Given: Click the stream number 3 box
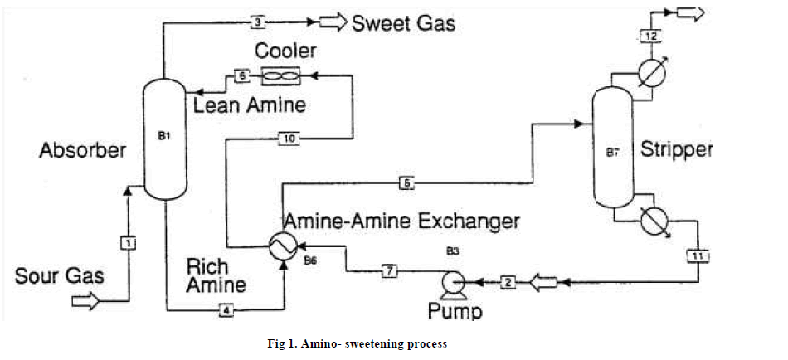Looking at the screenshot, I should point(259,21).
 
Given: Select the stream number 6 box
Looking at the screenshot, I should point(242,76).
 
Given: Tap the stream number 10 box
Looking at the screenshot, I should point(288,139).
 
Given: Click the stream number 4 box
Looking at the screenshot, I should point(226,310).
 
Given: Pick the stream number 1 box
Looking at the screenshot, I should point(129,243).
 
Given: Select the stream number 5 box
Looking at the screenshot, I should point(406,183).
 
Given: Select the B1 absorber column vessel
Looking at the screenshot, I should point(164,138).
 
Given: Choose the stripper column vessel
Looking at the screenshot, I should point(612,149).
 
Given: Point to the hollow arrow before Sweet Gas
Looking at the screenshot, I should point(332,22).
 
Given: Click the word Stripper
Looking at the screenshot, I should point(676,150).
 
